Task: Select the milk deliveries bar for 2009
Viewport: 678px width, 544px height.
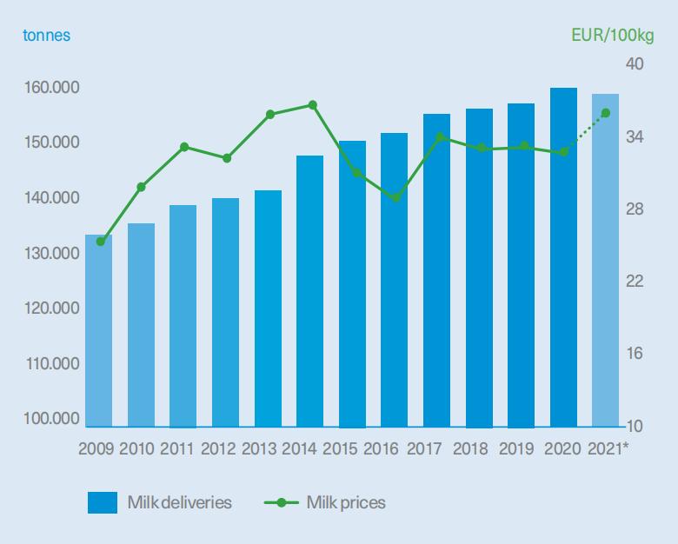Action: point(99,331)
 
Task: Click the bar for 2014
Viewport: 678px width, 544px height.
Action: point(310,292)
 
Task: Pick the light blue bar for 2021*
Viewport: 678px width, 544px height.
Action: point(606,261)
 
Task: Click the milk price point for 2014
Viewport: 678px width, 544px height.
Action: point(313,105)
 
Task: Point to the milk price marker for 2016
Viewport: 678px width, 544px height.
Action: point(396,198)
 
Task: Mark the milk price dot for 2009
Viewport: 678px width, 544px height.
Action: point(100,242)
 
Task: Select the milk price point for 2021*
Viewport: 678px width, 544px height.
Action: point(606,113)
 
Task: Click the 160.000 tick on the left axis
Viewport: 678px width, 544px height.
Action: point(53,88)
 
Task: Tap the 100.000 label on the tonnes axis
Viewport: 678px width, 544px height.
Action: point(53,419)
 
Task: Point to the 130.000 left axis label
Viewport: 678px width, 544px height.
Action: point(53,253)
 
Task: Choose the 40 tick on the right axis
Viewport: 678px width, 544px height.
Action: point(634,66)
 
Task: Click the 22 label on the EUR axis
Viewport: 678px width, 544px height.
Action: point(634,282)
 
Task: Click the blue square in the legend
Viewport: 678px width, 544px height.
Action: point(103,502)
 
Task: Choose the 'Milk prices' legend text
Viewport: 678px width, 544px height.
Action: point(346,502)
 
